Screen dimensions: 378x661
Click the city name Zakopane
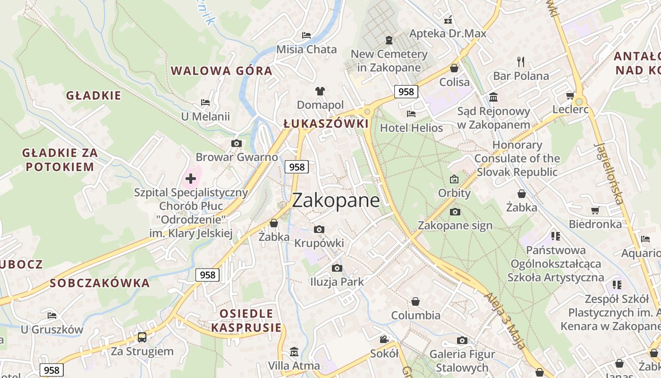tap(336, 201)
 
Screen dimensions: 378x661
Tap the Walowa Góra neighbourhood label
tap(221, 71)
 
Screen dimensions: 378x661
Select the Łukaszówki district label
tap(326, 124)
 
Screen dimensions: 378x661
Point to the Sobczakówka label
tap(100, 283)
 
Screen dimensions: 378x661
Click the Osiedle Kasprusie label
tap(246, 320)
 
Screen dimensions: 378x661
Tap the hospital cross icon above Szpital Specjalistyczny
tap(191, 179)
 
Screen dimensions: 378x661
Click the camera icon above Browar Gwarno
tap(237, 143)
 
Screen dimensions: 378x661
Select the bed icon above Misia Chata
tap(306, 35)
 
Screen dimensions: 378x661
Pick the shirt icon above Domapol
tap(320, 91)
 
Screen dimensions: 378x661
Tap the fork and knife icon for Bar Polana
tap(521, 62)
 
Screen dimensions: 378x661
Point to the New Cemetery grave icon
tap(389, 40)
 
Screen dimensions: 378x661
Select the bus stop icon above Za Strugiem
tap(142, 337)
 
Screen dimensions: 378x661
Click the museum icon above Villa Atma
tap(294, 352)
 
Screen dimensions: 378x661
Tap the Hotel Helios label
tap(411, 128)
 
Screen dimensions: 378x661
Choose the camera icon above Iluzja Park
tap(337, 268)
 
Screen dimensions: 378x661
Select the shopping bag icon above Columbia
tap(415, 301)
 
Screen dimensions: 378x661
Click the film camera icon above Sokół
tap(384, 339)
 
